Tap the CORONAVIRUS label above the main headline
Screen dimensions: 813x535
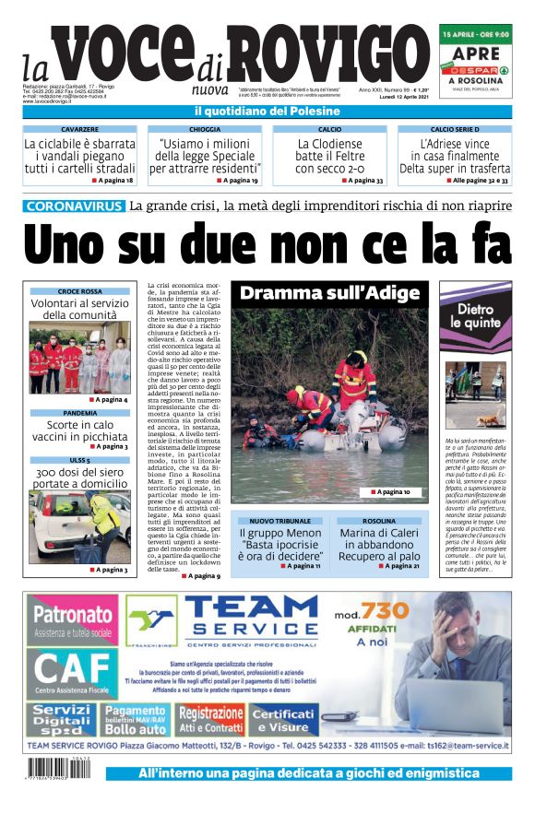point(75,206)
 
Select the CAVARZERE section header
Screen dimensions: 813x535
point(79,130)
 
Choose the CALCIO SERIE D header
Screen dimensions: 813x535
point(455,130)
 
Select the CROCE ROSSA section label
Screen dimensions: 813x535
point(79,291)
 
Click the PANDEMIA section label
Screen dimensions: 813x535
point(79,413)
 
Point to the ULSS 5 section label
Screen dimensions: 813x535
point(79,460)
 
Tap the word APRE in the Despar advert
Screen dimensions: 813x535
point(475,54)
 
